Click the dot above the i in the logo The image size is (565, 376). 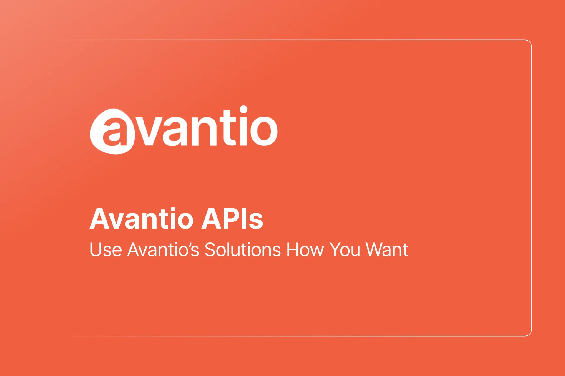click(x=244, y=110)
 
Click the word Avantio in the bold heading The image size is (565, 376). click(x=141, y=219)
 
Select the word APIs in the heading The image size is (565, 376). click(x=232, y=219)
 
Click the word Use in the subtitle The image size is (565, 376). click(x=106, y=250)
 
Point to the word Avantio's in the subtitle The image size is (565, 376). click(x=163, y=250)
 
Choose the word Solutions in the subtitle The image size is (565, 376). click(x=242, y=250)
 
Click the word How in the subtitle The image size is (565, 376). click(x=305, y=250)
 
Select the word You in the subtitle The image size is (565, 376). click(x=345, y=250)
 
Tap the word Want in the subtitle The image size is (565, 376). click(x=387, y=250)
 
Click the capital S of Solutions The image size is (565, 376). click(x=210, y=250)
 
